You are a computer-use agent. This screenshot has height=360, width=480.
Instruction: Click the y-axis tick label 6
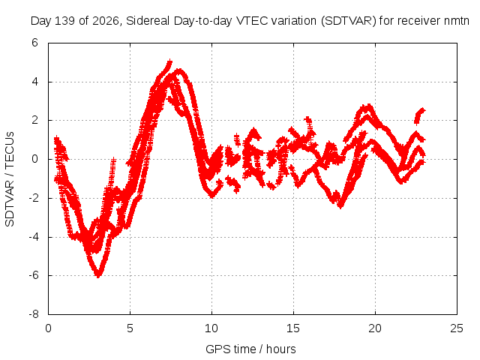pos(34,43)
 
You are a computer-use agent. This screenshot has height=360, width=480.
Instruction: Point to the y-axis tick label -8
pos(34,314)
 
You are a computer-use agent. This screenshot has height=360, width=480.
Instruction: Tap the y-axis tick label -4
pos(34,237)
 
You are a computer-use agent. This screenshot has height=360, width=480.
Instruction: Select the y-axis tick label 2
pos(34,120)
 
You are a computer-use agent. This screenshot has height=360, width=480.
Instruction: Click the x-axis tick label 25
pos(457,328)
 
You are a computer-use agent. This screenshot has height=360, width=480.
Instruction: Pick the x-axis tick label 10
pos(211,328)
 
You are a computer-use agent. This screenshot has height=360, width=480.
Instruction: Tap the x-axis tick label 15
pos(293,328)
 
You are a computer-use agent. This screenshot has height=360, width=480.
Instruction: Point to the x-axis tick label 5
pos(130,328)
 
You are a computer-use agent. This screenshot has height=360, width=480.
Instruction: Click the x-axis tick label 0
pos(48,328)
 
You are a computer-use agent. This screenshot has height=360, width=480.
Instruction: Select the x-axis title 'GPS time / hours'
pos(250,349)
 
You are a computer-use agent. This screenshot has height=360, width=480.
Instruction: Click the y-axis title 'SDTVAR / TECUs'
pos(10,179)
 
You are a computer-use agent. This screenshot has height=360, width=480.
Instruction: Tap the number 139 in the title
pos(64,21)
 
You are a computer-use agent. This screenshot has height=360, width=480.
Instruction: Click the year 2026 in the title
pos(105,21)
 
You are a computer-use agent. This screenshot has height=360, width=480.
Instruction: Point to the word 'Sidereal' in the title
pos(148,21)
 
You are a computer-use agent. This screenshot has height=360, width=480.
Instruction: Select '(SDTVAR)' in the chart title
pos(348,21)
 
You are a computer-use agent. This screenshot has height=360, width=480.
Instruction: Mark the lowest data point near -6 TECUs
pos(98,275)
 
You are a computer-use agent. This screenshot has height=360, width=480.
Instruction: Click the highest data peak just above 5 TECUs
pos(169,62)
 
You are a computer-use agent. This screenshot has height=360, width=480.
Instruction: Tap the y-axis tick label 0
pos(34,159)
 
